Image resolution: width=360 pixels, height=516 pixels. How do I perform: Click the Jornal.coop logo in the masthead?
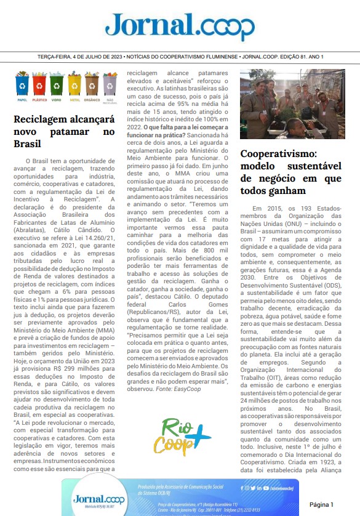click(x=180, y=26)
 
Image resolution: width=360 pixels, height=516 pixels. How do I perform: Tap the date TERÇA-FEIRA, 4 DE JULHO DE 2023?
click(x=79, y=57)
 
